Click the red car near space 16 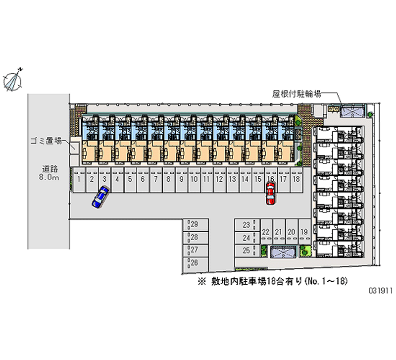click(x=270, y=194)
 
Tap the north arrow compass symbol click(x=14, y=79)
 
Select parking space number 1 click(x=78, y=180)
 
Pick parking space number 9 click(x=181, y=180)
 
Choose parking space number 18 click(x=296, y=180)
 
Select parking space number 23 click(x=247, y=225)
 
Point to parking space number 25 click(x=247, y=251)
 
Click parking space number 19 click(x=304, y=232)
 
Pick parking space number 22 click(x=266, y=232)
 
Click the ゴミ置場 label click(x=44, y=141)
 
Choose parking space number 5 click(x=130, y=180)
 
